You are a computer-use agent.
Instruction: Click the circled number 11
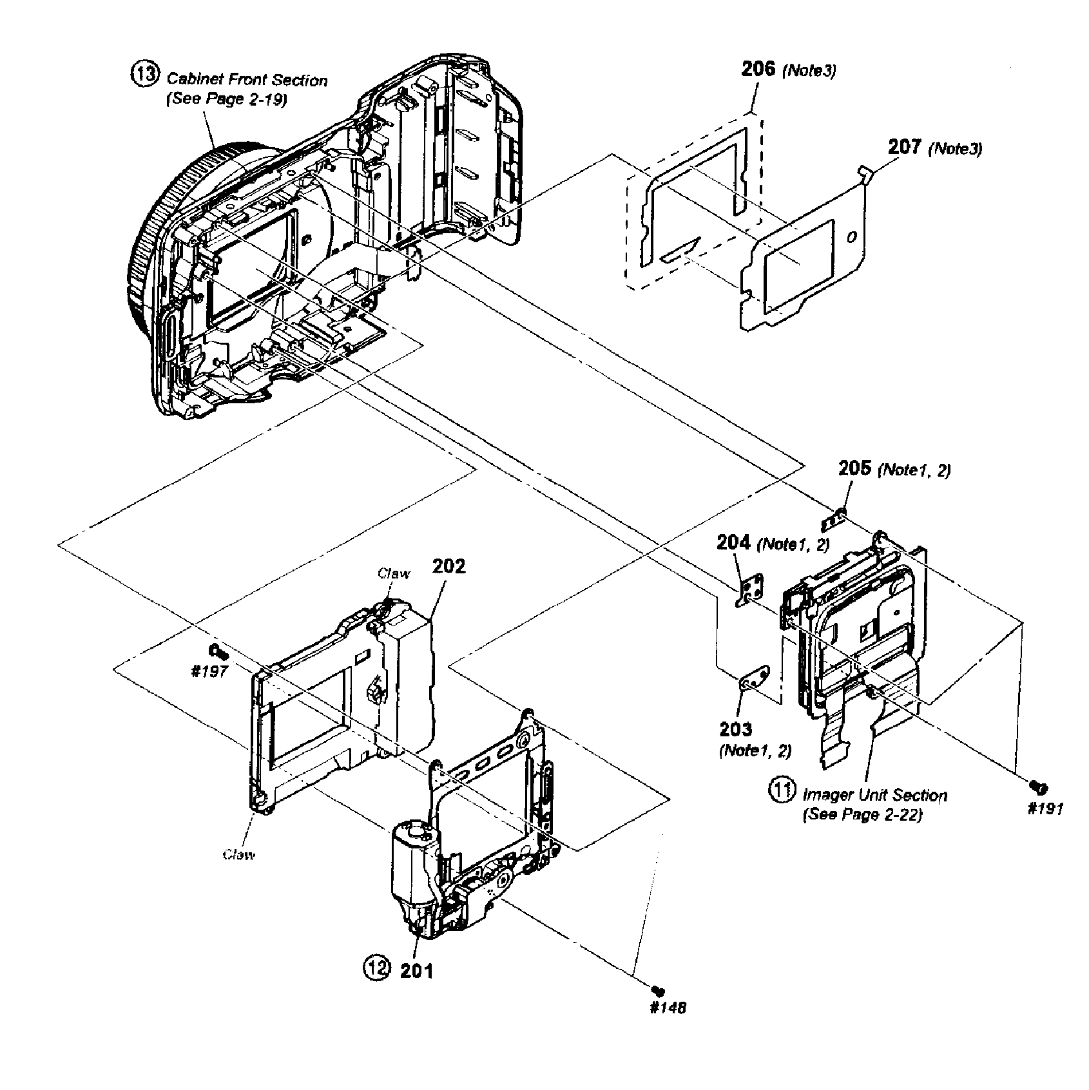(x=782, y=790)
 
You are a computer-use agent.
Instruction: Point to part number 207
(x=905, y=147)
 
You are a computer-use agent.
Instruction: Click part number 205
(x=855, y=468)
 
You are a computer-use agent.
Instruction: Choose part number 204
(x=733, y=542)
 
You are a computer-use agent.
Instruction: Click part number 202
(x=448, y=566)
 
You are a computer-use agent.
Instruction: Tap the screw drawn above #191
(x=1038, y=786)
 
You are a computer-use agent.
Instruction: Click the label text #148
(x=668, y=1008)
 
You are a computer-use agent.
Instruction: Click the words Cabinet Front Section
(x=247, y=80)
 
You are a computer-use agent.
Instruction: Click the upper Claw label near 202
(x=393, y=573)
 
